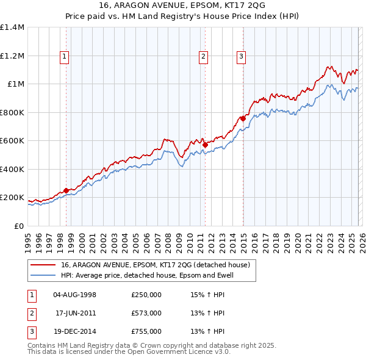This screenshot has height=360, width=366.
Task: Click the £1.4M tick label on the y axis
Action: coord(12,27)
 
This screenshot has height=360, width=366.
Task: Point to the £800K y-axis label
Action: coord(12,112)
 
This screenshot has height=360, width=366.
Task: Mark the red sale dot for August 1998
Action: coord(66,190)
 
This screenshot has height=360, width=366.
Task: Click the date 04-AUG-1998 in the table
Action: coord(75,295)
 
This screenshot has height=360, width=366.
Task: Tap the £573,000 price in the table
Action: coord(146,313)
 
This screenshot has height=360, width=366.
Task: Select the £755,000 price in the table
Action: coord(146,331)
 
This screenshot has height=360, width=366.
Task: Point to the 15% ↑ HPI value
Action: coord(208,295)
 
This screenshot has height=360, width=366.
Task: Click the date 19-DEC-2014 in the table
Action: coord(75,331)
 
